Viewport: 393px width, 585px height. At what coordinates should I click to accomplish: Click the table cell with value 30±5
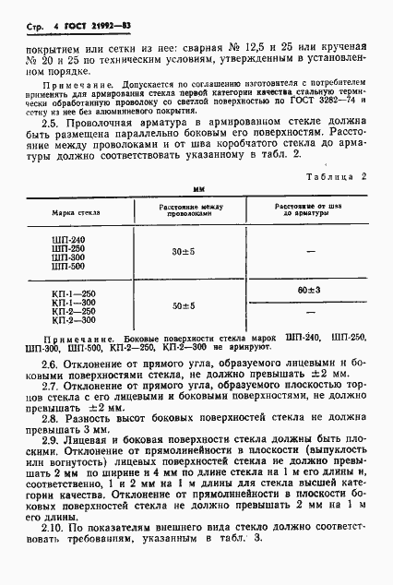tap(185, 250)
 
